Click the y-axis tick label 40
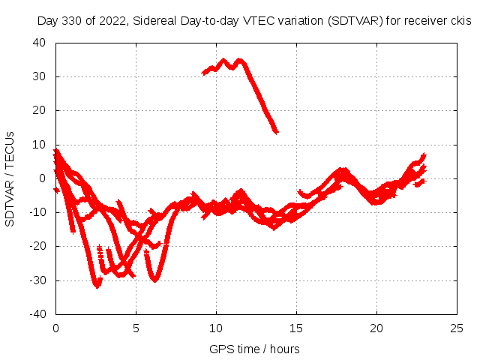click(40, 43)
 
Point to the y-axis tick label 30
click(40, 76)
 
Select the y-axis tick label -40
click(37, 314)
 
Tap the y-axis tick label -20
click(37, 246)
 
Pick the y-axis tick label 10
click(40, 145)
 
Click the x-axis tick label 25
click(457, 328)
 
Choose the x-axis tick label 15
click(296, 328)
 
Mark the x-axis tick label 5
click(136, 328)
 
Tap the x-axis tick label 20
click(376, 328)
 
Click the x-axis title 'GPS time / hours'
click(256, 349)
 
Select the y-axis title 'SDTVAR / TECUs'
click(10, 178)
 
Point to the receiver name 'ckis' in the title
click(459, 21)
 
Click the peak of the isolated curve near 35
click(223, 60)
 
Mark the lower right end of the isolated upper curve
click(277, 132)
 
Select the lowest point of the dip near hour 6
click(155, 280)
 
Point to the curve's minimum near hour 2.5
click(97, 286)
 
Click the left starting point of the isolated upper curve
click(203, 73)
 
